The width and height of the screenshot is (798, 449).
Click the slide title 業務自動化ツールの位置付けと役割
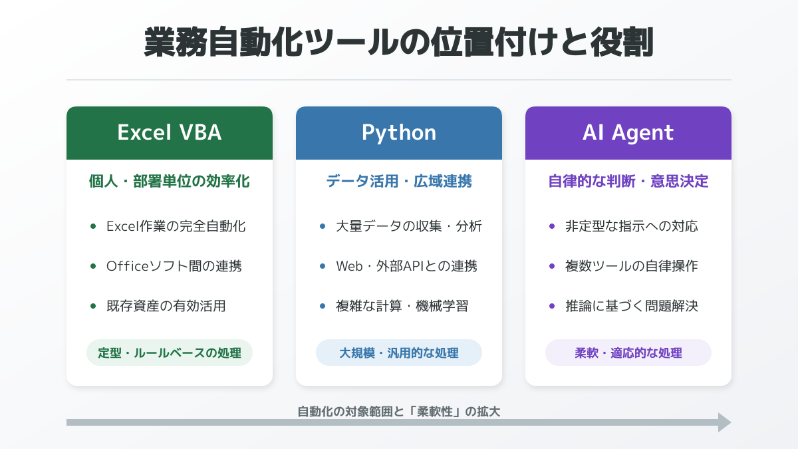(399, 43)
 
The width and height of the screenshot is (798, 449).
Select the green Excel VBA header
(170, 132)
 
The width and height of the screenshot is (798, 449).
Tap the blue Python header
(399, 132)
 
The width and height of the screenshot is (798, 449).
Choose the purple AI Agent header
(628, 132)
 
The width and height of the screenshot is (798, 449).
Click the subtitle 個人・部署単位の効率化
(170, 181)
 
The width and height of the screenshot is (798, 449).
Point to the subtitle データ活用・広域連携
(399, 181)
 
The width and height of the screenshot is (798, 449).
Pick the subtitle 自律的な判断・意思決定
(628, 181)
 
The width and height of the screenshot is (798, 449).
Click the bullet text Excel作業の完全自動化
(176, 226)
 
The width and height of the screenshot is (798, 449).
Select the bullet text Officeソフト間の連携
(174, 266)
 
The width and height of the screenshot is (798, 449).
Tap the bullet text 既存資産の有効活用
(166, 306)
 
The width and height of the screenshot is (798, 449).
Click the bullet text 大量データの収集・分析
(409, 226)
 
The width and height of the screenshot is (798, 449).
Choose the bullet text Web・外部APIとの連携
(407, 266)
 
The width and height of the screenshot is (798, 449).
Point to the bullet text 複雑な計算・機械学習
(402, 306)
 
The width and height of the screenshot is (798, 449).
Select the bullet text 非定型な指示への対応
(632, 226)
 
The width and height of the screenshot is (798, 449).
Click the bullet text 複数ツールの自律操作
(632, 266)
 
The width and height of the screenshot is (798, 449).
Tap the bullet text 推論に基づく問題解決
(632, 306)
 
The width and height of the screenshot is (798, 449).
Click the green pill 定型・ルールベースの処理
(170, 353)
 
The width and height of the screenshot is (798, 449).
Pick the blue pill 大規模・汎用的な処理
(399, 353)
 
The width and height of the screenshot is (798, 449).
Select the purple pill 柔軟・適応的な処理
(628, 353)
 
